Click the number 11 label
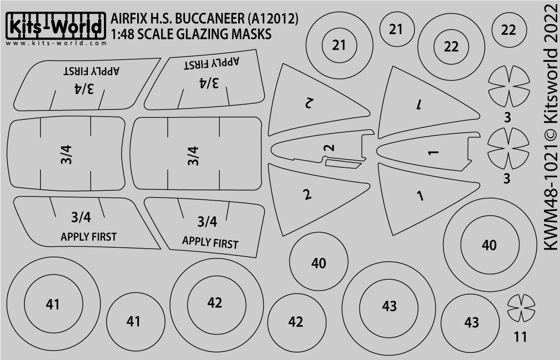pos(520,337)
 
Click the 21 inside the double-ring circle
pos(338,46)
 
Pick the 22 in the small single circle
pos(508,31)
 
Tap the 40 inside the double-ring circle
pos(489,245)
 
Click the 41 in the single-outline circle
pos(133,321)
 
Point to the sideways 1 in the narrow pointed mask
pos(434,152)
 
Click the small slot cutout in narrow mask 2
pos(344,164)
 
